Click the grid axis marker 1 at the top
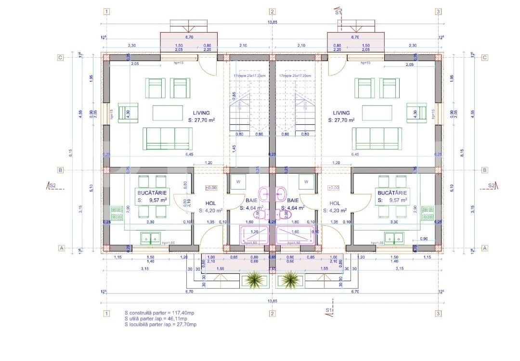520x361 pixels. point(106,12)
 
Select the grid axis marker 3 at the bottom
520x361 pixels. point(438,313)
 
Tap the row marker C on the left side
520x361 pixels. point(61,58)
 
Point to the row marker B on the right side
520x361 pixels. point(484,170)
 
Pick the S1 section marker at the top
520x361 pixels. point(338,13)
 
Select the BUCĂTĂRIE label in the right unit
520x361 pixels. point(392,192)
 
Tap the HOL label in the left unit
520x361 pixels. point(210,203)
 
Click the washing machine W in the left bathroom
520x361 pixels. point(238,182)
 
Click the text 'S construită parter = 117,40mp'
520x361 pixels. point(159,313)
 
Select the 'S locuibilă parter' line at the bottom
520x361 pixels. point(160,324)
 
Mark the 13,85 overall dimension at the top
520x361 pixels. point(273,23)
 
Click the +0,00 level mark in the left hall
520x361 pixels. point(211,188)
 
